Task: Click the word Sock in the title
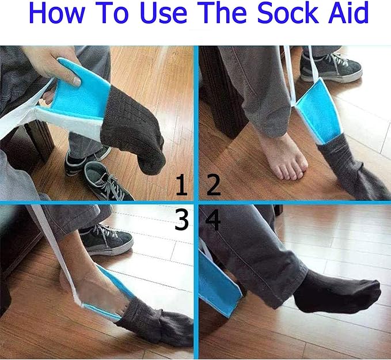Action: click(x=287, y=13)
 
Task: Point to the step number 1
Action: click(x=181, y=185)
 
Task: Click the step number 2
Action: click(x=214, y=185)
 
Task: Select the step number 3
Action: click(x=181, y=219)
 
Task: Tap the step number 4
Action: click(x=212, y=219)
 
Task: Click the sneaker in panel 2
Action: click(x=331, y=67)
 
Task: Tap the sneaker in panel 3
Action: click(x=106, y=240)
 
